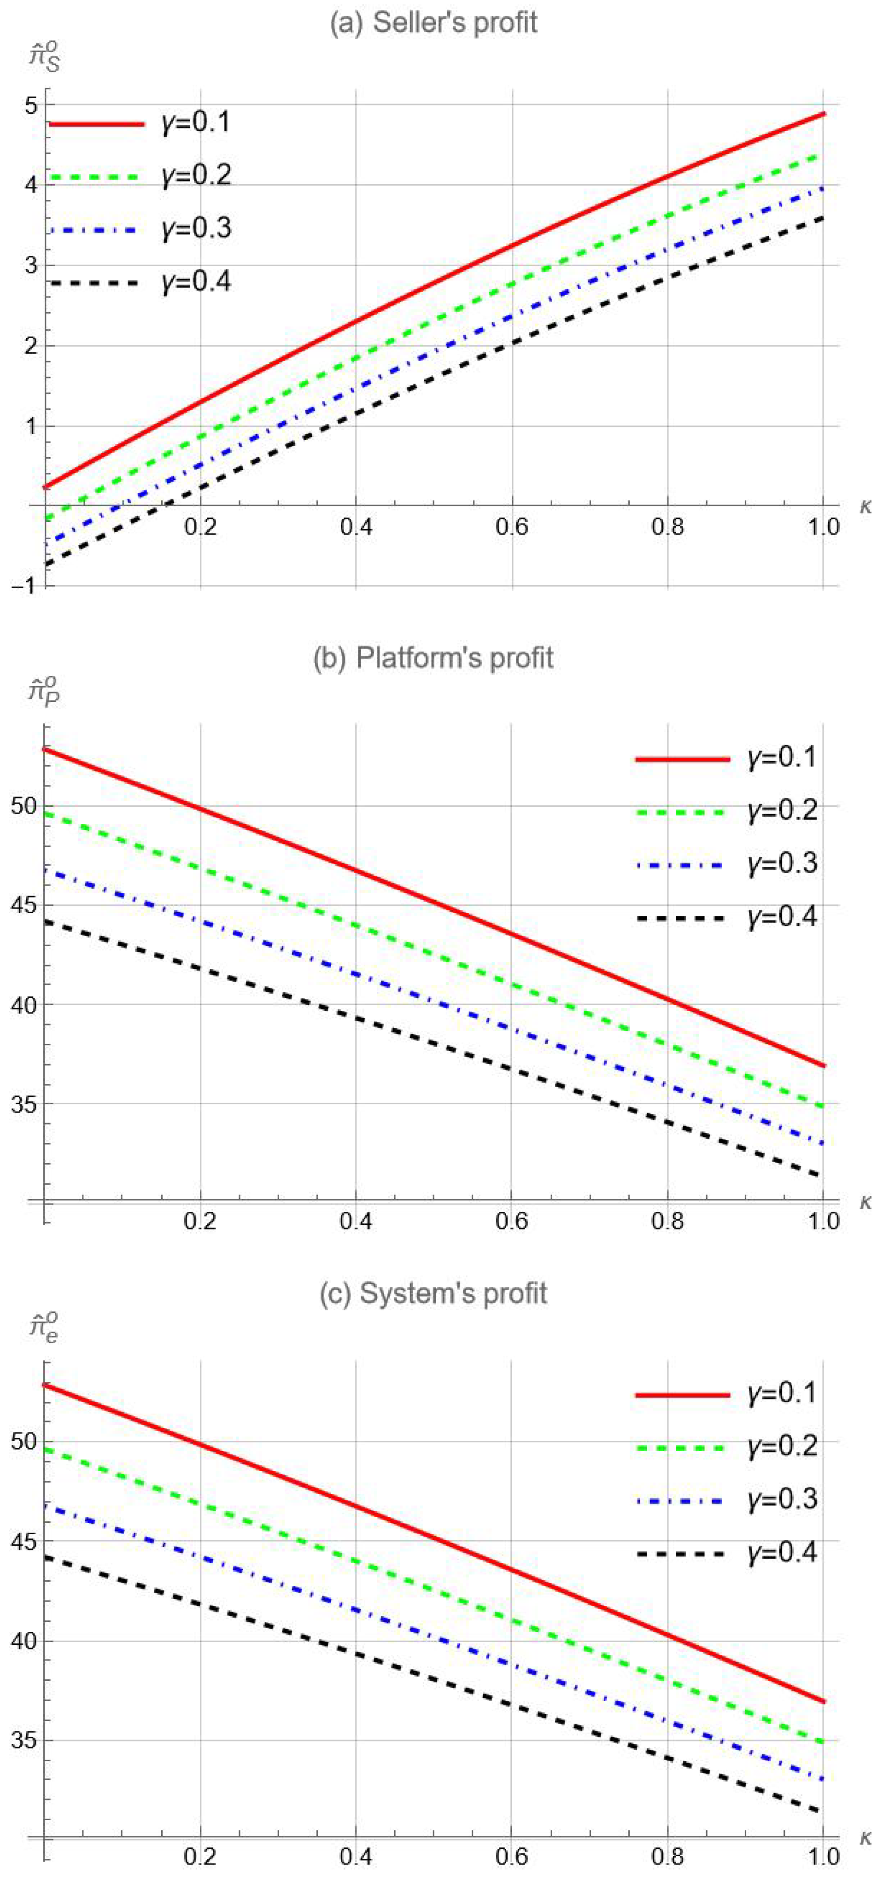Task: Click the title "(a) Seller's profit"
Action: click(x=434, y=23)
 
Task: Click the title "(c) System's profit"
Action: click(x=434, y=1293)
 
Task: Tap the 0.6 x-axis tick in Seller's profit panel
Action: click(x=511, y=526)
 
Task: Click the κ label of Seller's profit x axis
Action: click(x=865, y=505)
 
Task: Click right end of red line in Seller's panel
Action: click(x=823, y=114)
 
